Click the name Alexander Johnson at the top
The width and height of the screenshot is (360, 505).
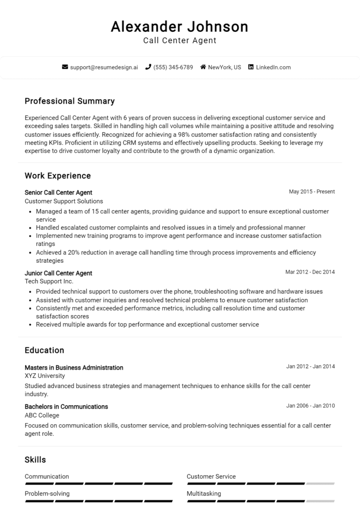(x=180, y=27)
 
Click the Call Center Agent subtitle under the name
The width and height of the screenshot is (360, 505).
(x=180, y=41)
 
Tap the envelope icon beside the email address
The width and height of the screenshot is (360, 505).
(x=65, y=67)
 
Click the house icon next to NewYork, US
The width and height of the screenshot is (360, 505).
(x=203, y=67)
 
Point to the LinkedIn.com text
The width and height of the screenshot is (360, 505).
(x=273, y=67)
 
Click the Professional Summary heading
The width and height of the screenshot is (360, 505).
(x=69, y=101)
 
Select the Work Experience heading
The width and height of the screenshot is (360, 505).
(x=58, y=176)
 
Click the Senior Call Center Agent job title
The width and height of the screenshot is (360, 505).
(x=58, y=193)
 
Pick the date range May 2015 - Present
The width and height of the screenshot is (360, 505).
(x=312, y=192)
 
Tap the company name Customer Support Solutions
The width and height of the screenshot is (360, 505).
(x=64, y=201)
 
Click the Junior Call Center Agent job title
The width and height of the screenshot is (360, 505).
(x=58, y=273)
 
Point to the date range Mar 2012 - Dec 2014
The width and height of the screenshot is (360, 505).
(x=310, y=272)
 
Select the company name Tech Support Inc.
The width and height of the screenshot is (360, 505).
(x=49, y=282)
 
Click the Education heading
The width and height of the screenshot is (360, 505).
(x=44, y=350)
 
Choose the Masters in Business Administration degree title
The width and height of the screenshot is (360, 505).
(x=74, y=368)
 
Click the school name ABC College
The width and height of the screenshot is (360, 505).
(x=42, y=415)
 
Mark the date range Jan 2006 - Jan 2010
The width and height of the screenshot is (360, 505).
(x=310, y=406)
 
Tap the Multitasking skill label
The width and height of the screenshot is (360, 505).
(x=203, y=493)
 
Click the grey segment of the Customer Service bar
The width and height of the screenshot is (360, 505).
(x=321, y=483)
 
